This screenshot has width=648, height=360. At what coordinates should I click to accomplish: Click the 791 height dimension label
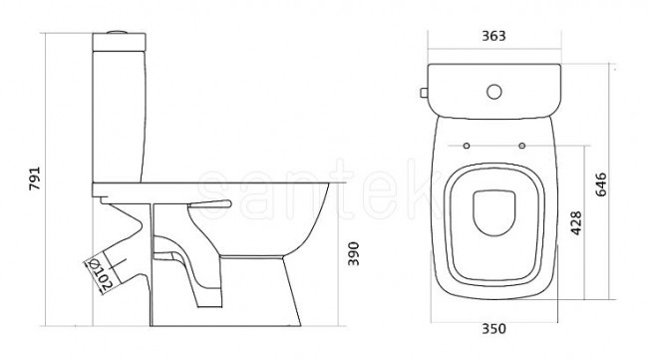pos(35,179)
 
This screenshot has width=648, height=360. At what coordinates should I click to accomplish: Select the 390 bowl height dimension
pos(353,253)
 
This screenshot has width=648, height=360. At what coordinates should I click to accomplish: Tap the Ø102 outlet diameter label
pos(101,275)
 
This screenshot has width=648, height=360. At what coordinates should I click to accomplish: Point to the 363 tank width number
pos(493,36)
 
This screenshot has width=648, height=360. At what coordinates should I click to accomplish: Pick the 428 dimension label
pos(576,223)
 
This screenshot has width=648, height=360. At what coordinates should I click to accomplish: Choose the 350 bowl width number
pos(493,329)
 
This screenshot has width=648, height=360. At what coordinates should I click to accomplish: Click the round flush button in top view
pos(494,92)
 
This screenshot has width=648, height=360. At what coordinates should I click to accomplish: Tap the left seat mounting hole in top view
pos(467,146)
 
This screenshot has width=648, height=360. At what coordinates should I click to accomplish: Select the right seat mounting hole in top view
pos(522,146)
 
